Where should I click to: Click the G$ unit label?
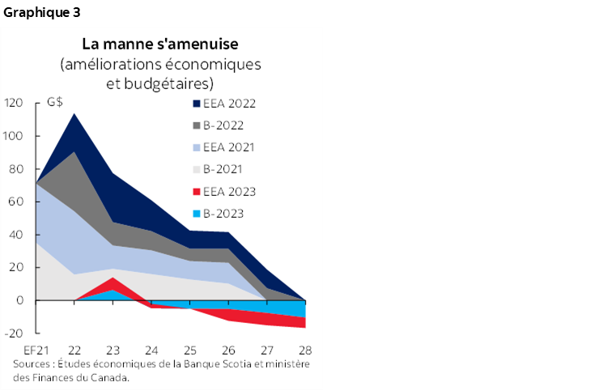point(55,103)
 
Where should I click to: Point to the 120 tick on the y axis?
point(14,103)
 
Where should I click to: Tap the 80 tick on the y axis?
point(16,169)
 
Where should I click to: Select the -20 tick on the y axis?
point(14,334)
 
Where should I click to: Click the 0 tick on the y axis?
point(20,300)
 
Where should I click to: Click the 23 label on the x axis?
point(113,351)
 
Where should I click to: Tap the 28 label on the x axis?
point(306,351)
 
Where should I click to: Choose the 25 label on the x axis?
point(190,351)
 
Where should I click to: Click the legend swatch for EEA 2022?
point(197,104)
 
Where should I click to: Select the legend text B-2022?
point(226,125)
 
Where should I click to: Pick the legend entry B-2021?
point(226,169)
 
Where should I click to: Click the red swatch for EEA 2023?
point(197,192)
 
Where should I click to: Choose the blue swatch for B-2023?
point(197,214)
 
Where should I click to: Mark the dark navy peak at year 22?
point(74,114)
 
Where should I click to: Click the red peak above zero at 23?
point(113,279)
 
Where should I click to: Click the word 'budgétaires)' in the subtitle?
point(171,83)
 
